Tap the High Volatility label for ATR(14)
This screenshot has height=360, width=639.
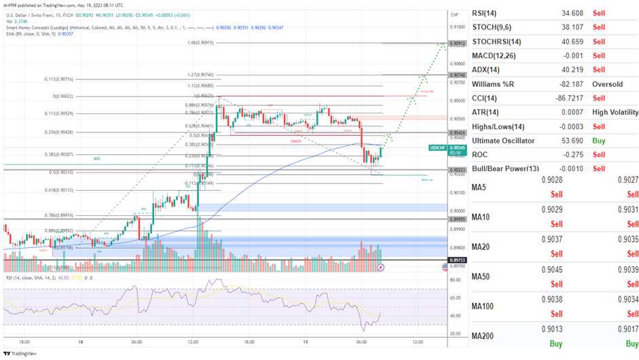pyautogui.click(x=615, y=112)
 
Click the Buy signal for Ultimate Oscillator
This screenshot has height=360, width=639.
pyautogui.click(x=598, y=141)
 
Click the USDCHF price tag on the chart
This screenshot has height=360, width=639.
pyautogui.click(x=439, y=147)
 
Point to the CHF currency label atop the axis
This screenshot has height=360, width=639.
pyautogui.click(x=454, y=14)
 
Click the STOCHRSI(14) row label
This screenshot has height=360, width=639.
pyautogui.click(x=500, y=41)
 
